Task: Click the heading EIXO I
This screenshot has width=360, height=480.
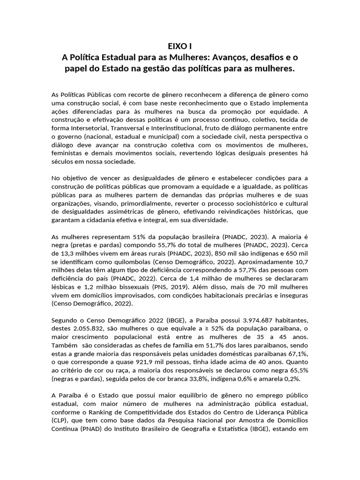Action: coord(180,46)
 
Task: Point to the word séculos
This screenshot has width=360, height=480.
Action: coord(64,162)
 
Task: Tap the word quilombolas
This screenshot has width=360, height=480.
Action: coord(135,262)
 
